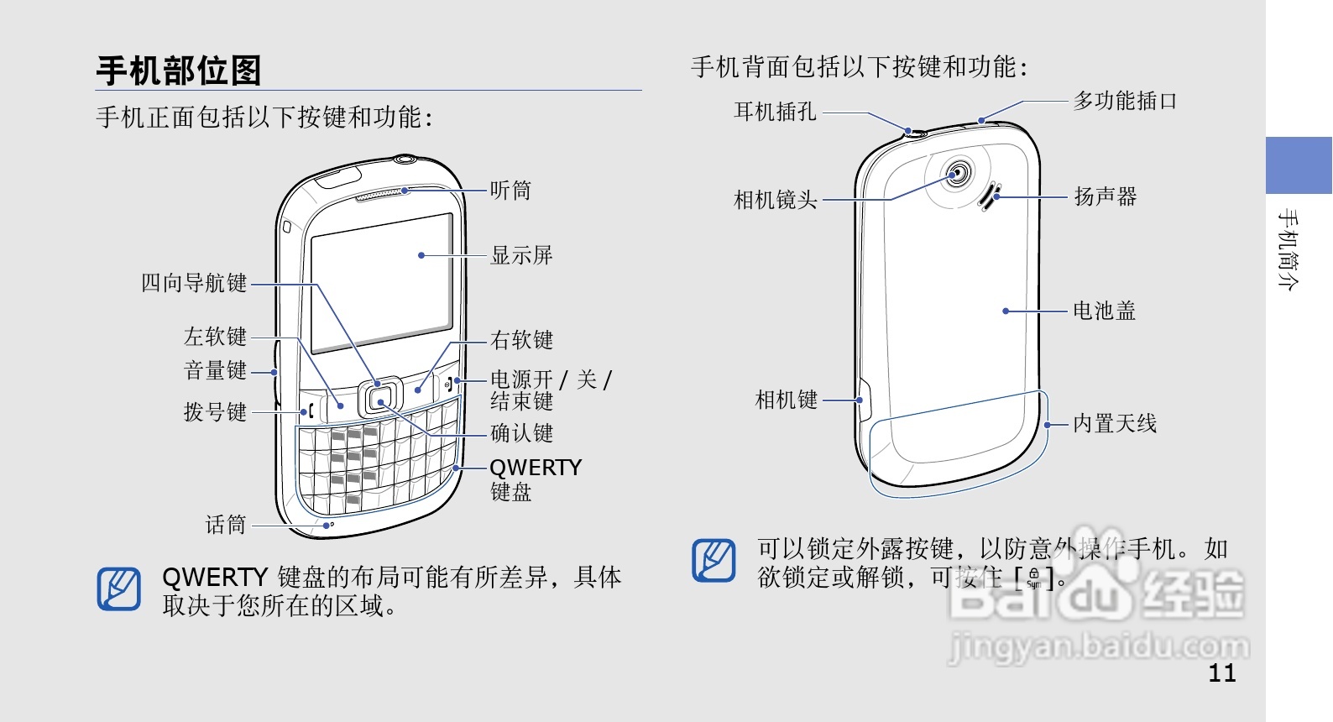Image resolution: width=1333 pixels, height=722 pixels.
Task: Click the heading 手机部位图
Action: [x=179, y=71]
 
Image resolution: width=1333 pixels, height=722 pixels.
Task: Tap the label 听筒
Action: [x=510, y=191]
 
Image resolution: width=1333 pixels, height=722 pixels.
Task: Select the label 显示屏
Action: [x=521, y=255]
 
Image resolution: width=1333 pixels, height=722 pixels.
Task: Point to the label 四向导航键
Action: [x=194, y=283]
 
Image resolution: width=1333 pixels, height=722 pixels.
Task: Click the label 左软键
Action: [x=215, y=337]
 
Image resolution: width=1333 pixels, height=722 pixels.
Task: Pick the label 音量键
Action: [x=215, y=370]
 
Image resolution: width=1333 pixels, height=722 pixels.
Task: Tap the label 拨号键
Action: [x=215, y=412]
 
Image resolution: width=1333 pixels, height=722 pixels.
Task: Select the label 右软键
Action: [x=521, y=340]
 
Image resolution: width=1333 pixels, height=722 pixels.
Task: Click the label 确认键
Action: [x=521, y=433]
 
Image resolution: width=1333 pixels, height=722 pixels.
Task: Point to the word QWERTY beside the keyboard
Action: [x=536, y=468]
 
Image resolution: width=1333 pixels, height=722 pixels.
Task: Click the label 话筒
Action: [x=226, y=526]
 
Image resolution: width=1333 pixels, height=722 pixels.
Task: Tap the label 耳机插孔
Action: [x=775, y=112]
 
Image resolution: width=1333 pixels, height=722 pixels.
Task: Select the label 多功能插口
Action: [x=1125, y=102]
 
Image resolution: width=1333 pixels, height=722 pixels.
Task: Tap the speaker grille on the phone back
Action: [x=990, y=196]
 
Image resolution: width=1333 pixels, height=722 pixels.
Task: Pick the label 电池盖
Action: [x=1104, y=311]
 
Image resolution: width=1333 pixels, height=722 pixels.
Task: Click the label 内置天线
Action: [x=1115, y=424]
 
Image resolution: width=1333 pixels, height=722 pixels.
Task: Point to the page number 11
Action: [x=1222, y=672]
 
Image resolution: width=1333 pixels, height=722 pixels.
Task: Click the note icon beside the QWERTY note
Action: [x=119, y=589]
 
